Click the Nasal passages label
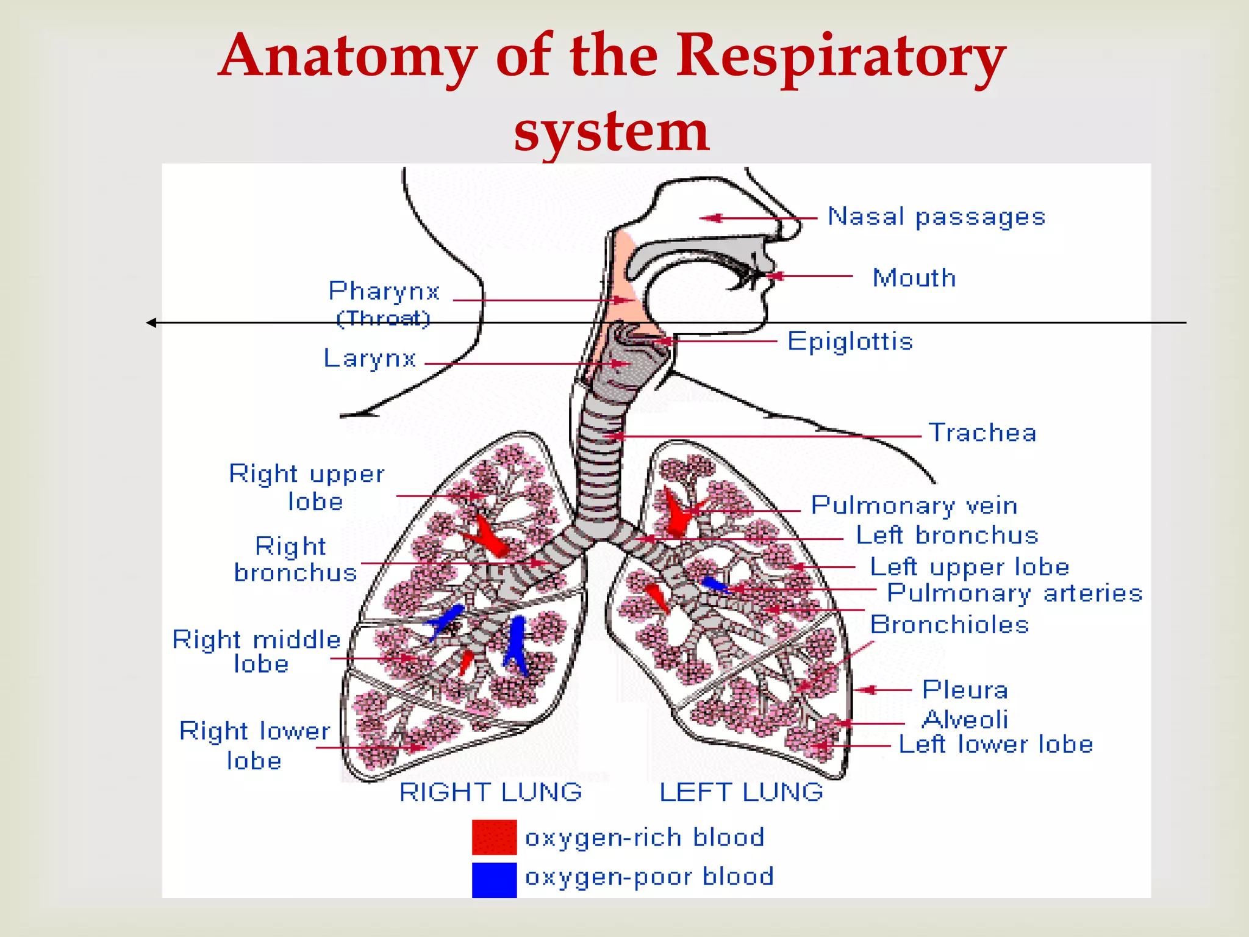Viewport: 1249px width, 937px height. point(936,217)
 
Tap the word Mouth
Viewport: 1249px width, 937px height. point(914,278)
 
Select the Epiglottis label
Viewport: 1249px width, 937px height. point(850,341)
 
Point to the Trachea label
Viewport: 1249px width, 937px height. point(982,433)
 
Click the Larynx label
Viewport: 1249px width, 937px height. point(370,358)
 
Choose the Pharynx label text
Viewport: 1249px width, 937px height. point(384,292)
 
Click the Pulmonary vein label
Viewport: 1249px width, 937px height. point(914,506)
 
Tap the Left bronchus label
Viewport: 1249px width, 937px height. point(947,535)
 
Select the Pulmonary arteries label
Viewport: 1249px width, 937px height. point(1014,593)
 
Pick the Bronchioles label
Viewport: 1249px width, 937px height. point(949,625)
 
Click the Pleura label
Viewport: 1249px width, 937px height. point(965,690)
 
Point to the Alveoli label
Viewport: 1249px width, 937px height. point(965,719)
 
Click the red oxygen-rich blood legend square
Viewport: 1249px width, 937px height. point(494,837)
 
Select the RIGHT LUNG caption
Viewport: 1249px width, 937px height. point(490,792)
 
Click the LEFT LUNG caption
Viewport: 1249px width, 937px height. point(741,792)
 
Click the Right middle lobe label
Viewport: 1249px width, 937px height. point(256,651)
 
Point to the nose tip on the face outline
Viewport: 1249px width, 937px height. point(798,229)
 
